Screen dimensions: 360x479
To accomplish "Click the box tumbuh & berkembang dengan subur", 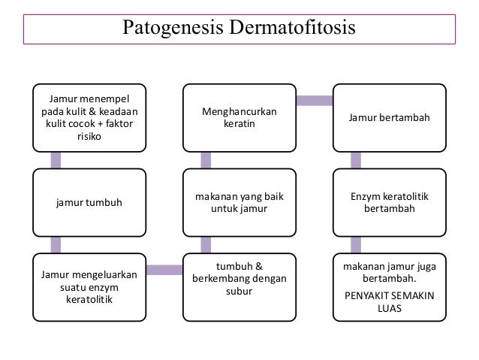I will click(x=239, y=279).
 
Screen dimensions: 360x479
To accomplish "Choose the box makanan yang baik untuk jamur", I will click(x=239, y=202).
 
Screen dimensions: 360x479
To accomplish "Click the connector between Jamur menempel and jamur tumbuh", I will click(x=56, y=159).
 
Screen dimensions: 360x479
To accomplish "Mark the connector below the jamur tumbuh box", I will click(x=56, y=245).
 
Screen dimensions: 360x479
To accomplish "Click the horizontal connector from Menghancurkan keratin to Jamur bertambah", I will click(x=315, y=99).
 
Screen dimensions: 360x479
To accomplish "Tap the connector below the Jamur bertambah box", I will click(x=355, y=159).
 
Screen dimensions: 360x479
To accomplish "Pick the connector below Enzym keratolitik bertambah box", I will click(x=355, y=245).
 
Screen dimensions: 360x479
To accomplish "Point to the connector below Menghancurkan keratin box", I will click(x=205, y=159).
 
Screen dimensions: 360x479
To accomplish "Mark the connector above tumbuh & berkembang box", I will click(x=205, y=245).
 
